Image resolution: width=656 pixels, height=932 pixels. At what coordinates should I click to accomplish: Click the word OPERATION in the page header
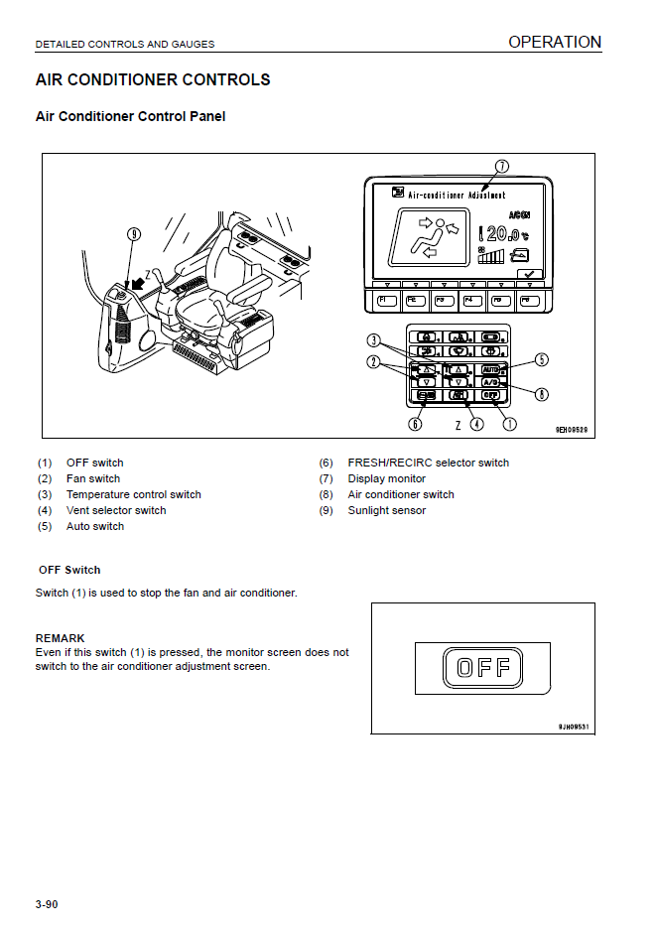(555, 42)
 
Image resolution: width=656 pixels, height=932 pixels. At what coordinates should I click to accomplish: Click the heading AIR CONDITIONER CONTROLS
(153, 79)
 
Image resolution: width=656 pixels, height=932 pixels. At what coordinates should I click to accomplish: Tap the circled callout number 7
(502, 167)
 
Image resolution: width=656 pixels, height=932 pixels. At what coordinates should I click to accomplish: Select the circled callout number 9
(134, 234)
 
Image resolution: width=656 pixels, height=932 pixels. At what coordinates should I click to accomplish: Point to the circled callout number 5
(542, 359)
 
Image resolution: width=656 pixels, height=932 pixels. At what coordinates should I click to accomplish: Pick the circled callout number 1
(510, 424)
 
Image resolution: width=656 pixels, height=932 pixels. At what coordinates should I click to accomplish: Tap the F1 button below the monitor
(386, 299)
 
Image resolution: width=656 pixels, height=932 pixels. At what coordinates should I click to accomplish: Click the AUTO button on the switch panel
(490, 369)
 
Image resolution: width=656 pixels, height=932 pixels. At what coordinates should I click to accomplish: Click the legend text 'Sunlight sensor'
(386, 510)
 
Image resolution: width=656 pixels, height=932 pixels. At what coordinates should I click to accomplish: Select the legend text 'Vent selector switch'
(116, 510)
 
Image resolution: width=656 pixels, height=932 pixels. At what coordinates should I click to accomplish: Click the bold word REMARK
(60, 638)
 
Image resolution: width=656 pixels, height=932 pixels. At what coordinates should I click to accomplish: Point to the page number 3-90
(47, 904)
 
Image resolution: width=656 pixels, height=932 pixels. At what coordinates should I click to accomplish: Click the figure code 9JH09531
(574, 727)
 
